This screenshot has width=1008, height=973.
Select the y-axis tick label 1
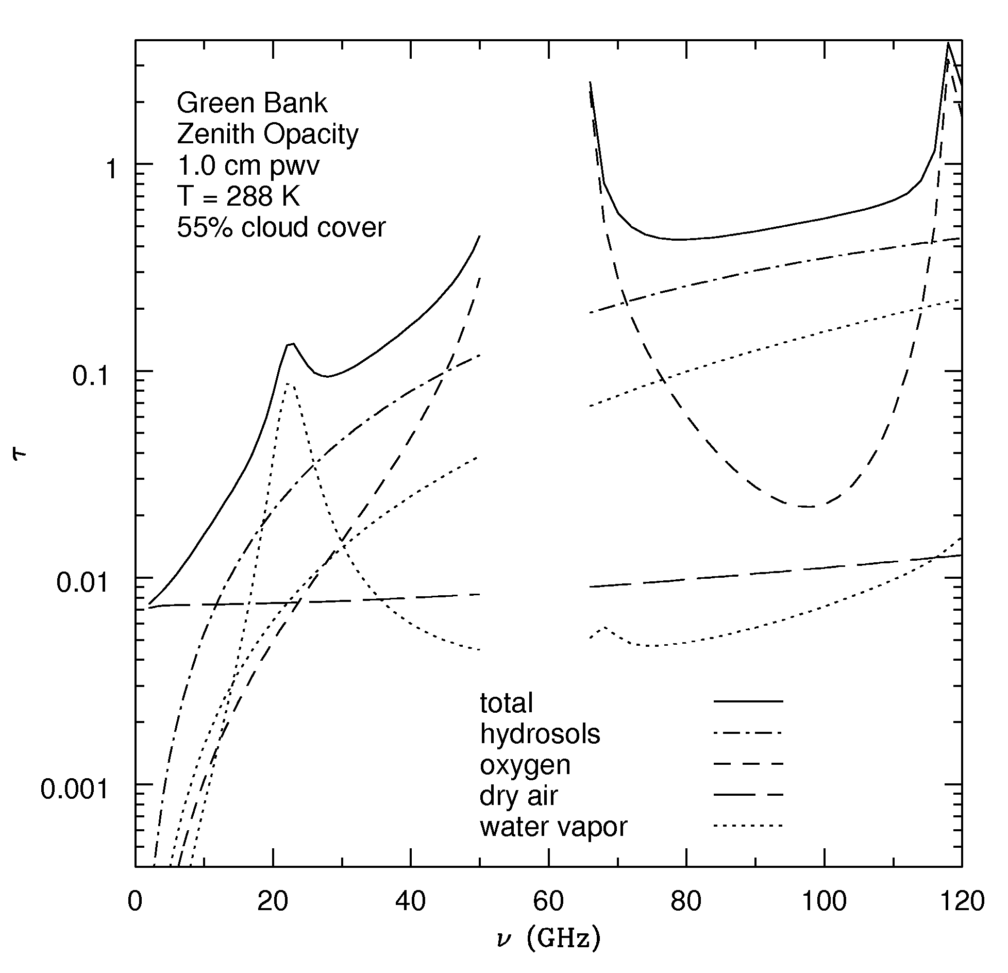(x=111, y=171)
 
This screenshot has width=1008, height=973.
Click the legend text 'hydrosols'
(x=540, y=734)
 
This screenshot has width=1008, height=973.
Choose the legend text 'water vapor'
(x=553, y=827)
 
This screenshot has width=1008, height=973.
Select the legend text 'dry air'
(x=518, y=796)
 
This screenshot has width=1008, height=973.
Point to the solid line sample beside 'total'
(x=748, y=701)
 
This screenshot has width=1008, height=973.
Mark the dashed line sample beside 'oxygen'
(x=748, y=763)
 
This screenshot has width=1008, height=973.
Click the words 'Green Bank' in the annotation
(x=252, y=103)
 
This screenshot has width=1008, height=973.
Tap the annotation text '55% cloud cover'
(x=281, y=227)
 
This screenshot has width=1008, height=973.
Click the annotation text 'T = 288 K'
(x=238, y=196)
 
